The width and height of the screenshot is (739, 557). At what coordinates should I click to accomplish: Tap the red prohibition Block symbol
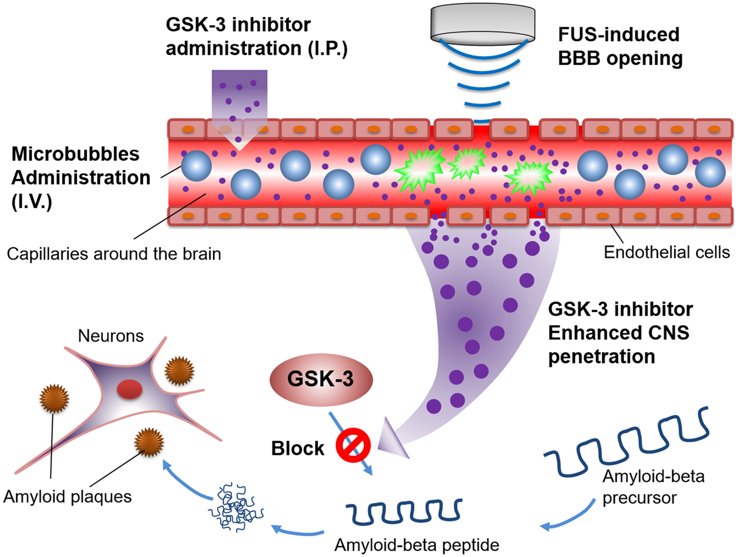pos(353,445)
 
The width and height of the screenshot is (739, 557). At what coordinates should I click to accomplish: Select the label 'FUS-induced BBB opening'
pos(619,47)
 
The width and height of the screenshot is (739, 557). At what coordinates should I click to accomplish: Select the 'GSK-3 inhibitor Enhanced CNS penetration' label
pos(625,333)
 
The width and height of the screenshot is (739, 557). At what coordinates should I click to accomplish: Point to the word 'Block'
pos(298,449)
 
